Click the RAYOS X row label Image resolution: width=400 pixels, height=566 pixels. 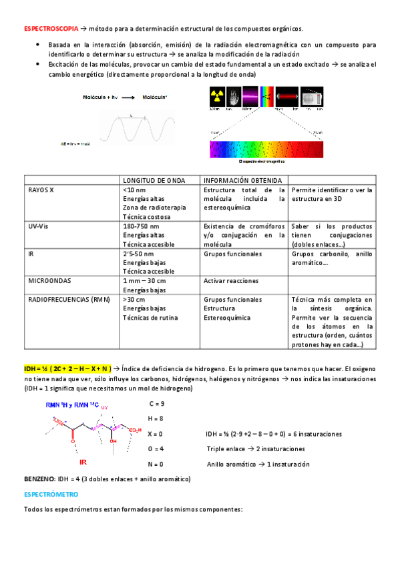[41, 190]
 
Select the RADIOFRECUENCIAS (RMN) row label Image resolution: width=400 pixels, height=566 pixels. [67, 300]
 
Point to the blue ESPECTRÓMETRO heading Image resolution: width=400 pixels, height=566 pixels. [51, 495]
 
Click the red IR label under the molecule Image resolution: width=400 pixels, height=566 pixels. [83, 461]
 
